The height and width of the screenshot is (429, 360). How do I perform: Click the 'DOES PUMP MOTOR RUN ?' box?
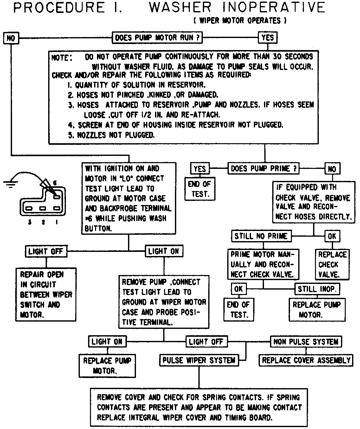click(x=157, y=38)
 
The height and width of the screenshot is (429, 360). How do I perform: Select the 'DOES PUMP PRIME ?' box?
click(x=264, y=169)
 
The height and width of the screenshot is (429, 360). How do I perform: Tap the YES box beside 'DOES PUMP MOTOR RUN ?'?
click(x=267, y=38)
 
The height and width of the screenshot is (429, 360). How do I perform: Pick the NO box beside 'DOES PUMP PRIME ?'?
click(x=332, y=169)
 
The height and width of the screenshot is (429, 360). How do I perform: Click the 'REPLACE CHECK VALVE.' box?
click(x=332, y=264)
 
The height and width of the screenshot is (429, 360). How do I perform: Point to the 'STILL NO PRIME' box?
click(x=261, y=236)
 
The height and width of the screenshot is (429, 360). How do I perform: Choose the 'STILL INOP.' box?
click(x=318, y=289)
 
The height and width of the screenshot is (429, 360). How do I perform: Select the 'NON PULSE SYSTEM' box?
click(x=306, y=342)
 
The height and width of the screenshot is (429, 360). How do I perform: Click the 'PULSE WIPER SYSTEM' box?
click(x=199, y=360)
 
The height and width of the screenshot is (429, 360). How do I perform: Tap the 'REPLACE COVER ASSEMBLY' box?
click(x=306, y=360)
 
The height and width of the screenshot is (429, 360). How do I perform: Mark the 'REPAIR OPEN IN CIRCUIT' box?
click(x=46, y=295)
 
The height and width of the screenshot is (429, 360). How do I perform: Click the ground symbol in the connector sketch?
click(x=11, y=184)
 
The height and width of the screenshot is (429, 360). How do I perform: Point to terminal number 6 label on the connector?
click(x=55, y=183)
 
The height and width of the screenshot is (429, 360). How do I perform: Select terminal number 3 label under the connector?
click(x=29, y=222)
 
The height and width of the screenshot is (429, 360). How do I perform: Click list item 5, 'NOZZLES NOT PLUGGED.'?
click(x=111, y=135)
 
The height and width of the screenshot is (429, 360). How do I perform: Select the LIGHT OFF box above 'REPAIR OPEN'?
click(x=46, y=252)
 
